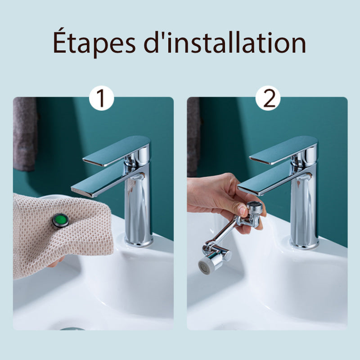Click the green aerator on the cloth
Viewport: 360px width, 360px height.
tap(61, 220)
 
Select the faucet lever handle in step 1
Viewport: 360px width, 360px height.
tap(117, 151)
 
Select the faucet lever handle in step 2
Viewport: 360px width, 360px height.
tap(283, 150)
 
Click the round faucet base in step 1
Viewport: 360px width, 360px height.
tap(139, 242)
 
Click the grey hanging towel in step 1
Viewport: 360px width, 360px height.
tap(25, 134)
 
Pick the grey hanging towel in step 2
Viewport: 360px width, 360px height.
tap(193, 137)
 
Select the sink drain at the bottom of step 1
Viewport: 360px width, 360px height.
tap(72, 329)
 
